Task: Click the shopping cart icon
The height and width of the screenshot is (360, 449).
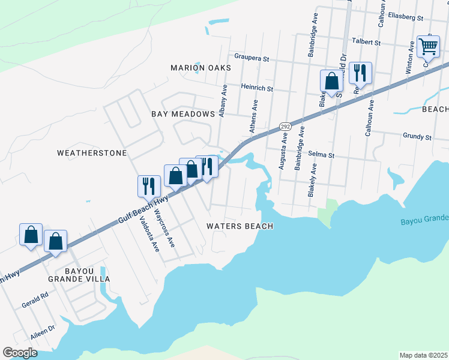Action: tap(427, 46)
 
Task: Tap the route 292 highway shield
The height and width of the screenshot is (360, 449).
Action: tap(285, 127)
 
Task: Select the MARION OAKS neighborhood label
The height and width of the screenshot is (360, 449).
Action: tap(200, 68)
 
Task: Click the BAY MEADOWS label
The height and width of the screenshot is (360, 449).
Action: tap(183, 114)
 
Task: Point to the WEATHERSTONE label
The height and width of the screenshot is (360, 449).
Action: tap(92, 153)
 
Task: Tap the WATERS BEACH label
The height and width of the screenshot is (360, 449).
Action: tap(240, 226)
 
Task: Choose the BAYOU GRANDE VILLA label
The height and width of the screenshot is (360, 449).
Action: tap(79, 275)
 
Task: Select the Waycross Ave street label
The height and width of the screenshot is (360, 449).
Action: tap(164, 228)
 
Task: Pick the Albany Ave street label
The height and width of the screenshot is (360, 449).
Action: tap(223, 100)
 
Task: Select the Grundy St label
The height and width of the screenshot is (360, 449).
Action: tap(417, 137)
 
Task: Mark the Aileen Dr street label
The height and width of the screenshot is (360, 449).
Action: tap(43, 332)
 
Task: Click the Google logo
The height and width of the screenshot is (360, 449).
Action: tap(20, 353)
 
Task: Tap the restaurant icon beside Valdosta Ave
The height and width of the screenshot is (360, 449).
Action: tap(148, 186)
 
